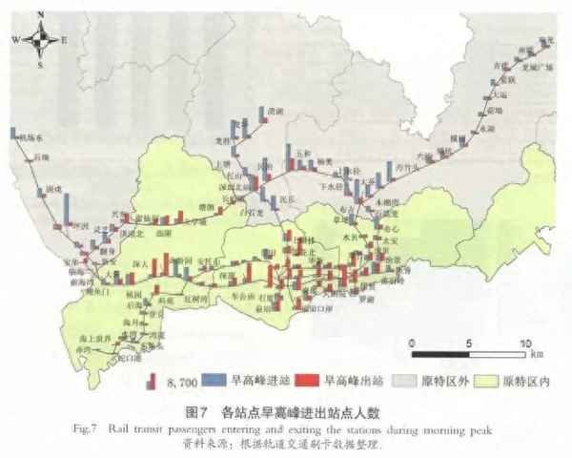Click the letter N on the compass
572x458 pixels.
pos(39,17)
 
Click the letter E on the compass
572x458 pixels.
pos(64,41)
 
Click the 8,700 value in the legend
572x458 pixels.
pos(182,383)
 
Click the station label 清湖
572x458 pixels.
pos(276,112)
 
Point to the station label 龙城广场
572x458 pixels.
pos(530,69)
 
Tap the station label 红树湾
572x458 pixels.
pos(194,300)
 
